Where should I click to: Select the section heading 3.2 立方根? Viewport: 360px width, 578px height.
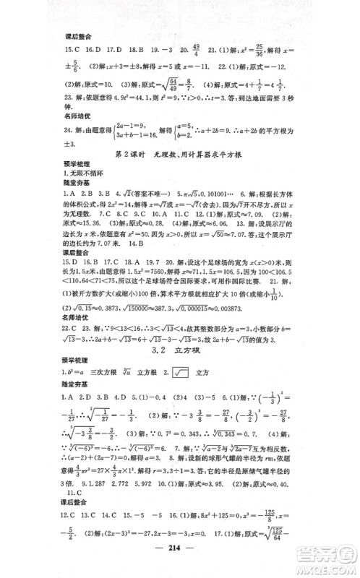click(x=180, y=353)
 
